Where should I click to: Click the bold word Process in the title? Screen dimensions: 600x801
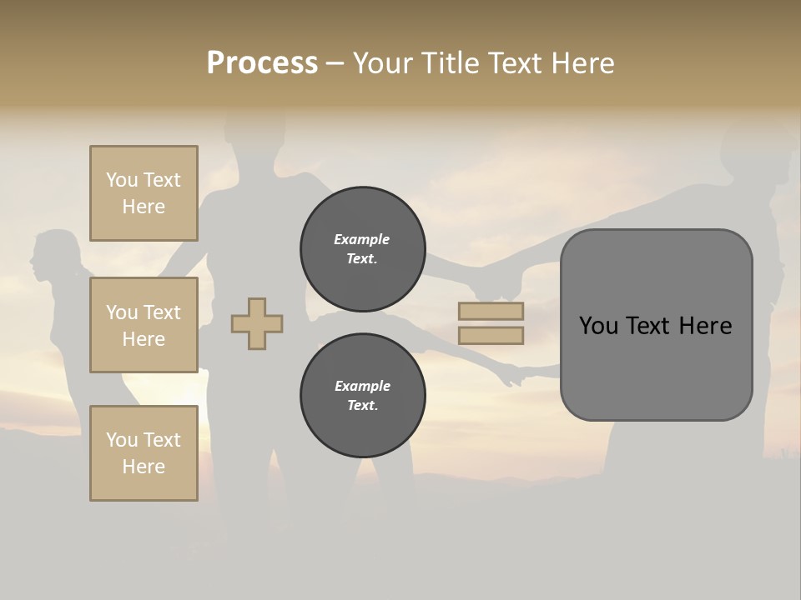(x=262, y=63)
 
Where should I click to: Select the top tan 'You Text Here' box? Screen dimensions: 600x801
(x=144, y=193)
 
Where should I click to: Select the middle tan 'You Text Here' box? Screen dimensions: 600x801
(x=144, y=325)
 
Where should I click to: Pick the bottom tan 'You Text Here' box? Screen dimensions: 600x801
(x=144, y=453)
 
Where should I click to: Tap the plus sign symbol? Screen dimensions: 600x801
(x=257, y=323)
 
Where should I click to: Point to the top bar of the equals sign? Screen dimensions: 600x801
(x=491, y=311)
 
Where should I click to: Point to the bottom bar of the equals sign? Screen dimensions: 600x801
(x=491, y=336)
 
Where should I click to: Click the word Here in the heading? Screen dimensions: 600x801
(x=581, y=63)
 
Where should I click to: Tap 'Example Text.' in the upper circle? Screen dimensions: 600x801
(x=362, y=249)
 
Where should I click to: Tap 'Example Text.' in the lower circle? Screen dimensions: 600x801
(x=362, y=396)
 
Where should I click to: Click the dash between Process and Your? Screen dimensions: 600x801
(x=335, y=63)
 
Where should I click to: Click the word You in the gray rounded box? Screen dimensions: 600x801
(x=598, y=326)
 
